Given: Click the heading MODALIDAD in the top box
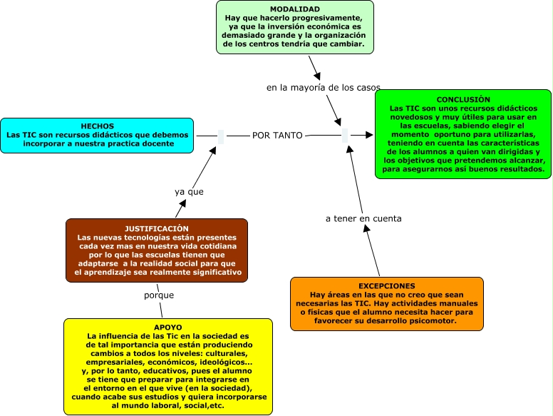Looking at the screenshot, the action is [294, 9].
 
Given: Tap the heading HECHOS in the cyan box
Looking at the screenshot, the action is [97, 126].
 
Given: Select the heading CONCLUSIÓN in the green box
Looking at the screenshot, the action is [463, 99].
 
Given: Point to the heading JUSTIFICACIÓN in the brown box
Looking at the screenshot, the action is [157, 228].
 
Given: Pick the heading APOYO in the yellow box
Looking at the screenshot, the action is [167, 327].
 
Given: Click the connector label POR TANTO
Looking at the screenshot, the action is [277, 135].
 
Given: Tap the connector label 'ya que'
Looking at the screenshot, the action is [189, 192].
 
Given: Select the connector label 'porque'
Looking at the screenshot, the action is [159, 295].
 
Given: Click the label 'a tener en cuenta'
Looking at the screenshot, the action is [363, 218].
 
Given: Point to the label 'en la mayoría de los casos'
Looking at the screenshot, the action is [324, 88].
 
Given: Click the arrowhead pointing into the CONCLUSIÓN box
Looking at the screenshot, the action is [369, 135].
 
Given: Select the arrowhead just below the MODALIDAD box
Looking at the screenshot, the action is [316, 73].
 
